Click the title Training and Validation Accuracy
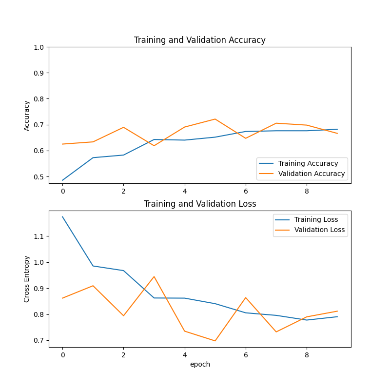200,40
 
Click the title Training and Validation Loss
200,204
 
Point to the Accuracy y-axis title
27,116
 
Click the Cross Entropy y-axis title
27,279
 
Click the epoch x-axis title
200,364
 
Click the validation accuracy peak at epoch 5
215,119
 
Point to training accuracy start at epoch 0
62,180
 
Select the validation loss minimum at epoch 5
215,341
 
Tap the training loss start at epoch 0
62,216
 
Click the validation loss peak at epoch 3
154,276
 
